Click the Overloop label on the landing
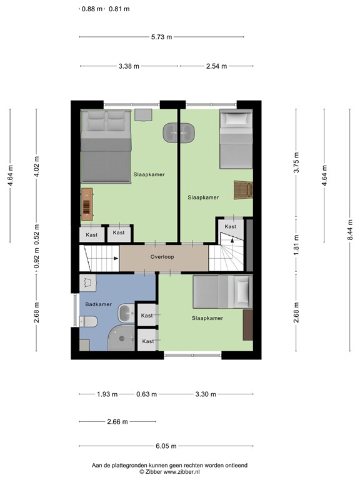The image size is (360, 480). pyautogui.click(x=162, y=257)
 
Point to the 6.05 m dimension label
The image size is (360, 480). pyautogui.click(x=166, y=446)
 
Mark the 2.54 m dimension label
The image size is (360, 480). pyautogui.click(x=216, y=66)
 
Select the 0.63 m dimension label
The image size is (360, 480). pyautogui.click(x=147, y=394)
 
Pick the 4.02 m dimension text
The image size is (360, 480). pyautogui.click(x=37, y=166)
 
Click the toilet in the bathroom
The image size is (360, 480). pyautogui.click(x=88, y=322)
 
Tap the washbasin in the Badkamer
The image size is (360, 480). pyautogui.click(x=126, y=311)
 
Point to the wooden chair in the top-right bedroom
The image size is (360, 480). pyautogui.click(x=242, y=189)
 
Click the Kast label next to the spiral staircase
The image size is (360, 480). pyautogui.click(x=231, y=226)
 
